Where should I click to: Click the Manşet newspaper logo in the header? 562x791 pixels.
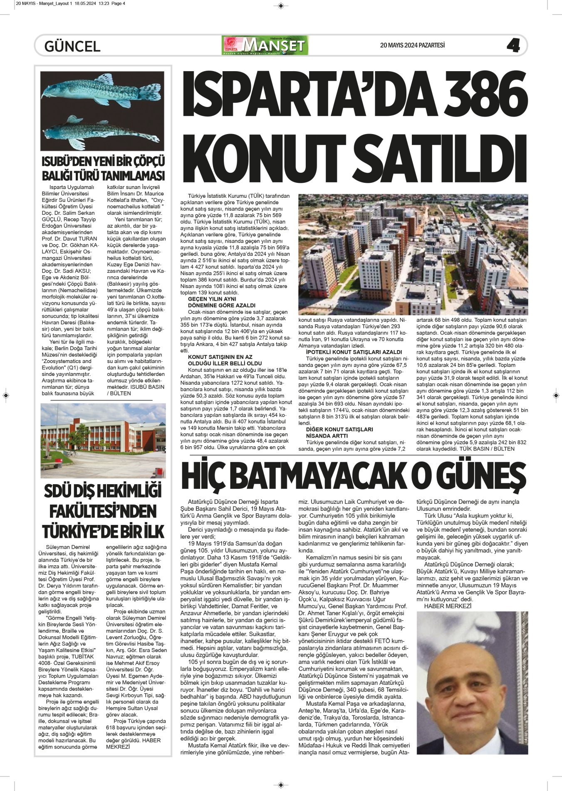point(265,45)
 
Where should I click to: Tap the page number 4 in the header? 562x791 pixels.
point(513,45)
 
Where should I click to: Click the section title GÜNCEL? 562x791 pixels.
point(72,46)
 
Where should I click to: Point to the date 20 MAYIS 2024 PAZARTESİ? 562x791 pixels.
point(412,45)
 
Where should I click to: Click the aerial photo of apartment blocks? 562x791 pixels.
point(413,254)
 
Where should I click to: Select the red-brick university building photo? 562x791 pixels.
point(103,440)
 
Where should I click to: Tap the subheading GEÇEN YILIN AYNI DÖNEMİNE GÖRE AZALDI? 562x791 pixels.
point(221,302)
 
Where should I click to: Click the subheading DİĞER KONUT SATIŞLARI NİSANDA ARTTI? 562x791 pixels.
point(339,433)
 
